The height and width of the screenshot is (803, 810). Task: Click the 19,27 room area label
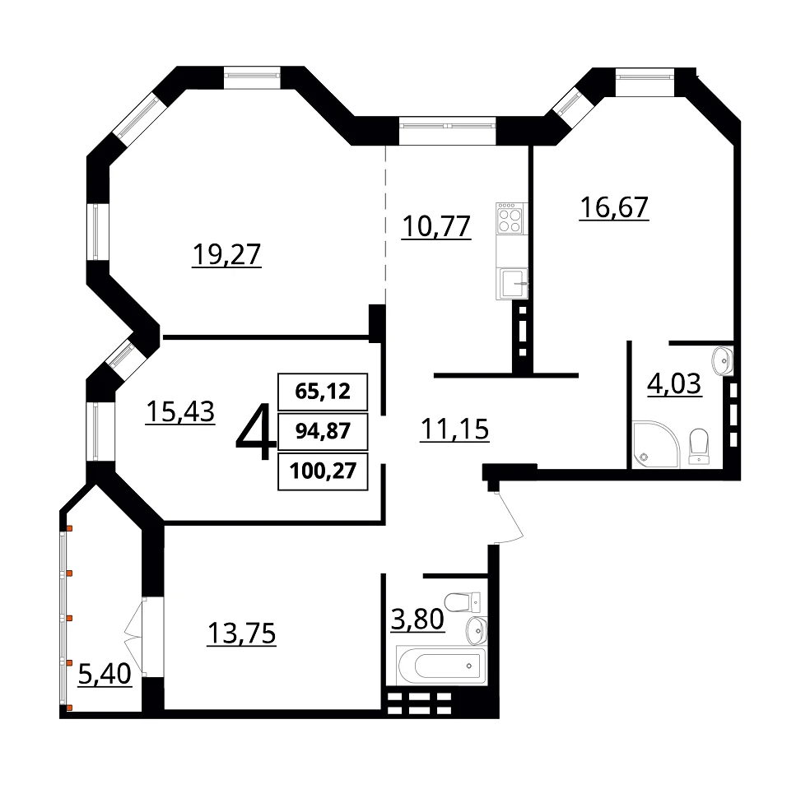[x=226, y=254]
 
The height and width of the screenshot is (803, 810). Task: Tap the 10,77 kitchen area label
[x=436, y=227]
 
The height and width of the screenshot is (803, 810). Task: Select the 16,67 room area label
[x=614, y=207]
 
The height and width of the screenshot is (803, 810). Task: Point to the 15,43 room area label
[x=180, y=411]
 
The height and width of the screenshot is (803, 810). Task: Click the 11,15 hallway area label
[x=454, y=429]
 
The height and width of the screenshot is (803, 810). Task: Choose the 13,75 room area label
[x=242, y=634]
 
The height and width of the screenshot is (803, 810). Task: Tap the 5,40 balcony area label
[x=105, y=674]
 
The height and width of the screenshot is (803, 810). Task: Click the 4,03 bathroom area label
[x=674, y=383]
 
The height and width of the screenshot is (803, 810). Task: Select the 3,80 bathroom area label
[x=417, y=620]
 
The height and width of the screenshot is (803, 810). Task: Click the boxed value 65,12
[x=323, y=392]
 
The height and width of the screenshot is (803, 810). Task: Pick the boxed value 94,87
[x=323, y=430]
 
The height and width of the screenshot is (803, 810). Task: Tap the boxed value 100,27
[x=323, y=471]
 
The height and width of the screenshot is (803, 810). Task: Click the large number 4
[x=256, y=431]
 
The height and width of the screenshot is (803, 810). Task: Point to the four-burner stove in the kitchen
[x=511, y=218]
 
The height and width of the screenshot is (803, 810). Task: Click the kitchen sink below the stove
[x=512, y=284]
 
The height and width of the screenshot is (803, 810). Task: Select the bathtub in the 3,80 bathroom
[x=442, y=665]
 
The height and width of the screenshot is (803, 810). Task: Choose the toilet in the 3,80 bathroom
[x=463, y=601]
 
